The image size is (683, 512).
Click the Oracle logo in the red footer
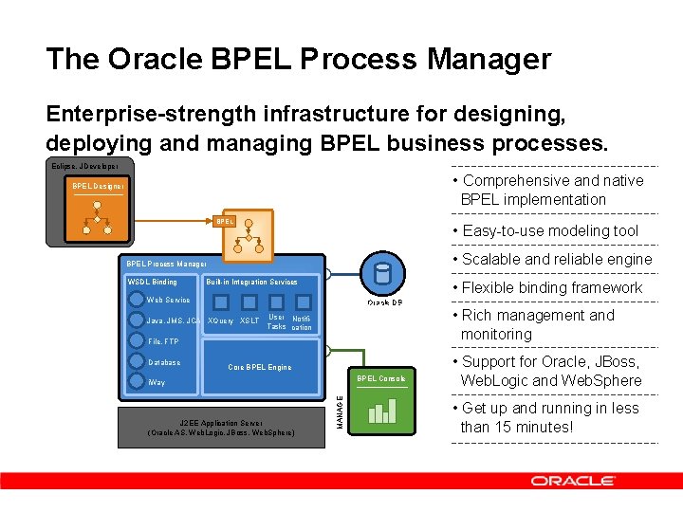(x=572, y=481)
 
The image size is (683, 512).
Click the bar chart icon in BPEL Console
(x=381, y=411)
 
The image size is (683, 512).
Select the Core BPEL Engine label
(x=260, y=367)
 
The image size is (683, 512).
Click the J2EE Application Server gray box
(x=221, y=428)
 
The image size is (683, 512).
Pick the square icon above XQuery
(x=220, y=302)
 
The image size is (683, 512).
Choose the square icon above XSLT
(x=249, y=302)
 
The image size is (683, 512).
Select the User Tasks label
(x=276, y=321)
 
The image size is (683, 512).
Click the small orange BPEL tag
(x=224, y=221)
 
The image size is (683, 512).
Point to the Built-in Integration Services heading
(x=251, y=282)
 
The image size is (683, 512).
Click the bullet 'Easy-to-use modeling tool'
(x=550, y=230)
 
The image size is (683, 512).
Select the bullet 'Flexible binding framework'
(x=552, y=287)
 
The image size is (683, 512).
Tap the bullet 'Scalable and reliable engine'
(x=557, y=259)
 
